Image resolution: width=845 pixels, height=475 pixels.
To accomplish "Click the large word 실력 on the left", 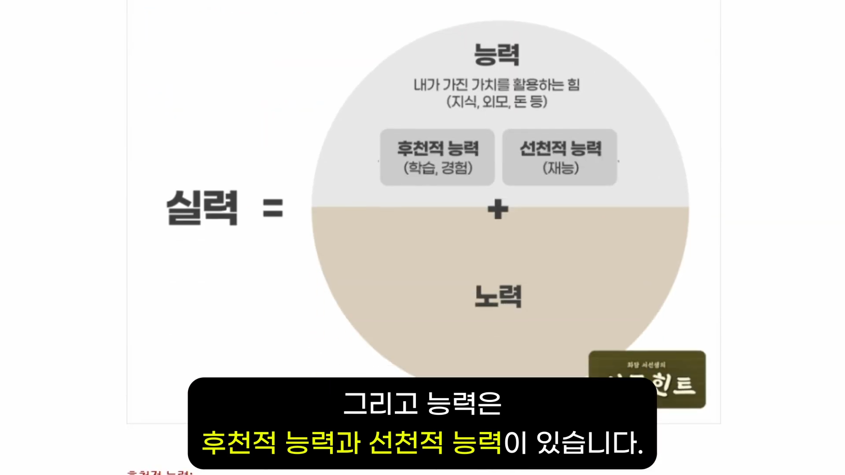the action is pyautogui.click(x=202, y=208).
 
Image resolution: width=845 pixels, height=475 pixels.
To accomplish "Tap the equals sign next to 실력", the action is pyautogui.click(x=273, y=208).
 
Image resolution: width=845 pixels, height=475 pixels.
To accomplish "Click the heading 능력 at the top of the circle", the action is pyautogui.click(x=497, y=55).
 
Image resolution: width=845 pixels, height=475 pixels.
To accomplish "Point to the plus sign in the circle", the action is pyautogui.click(x=498, y=209).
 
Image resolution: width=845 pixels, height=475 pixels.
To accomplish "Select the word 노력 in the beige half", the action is pyautogui.click(x=498, y=296).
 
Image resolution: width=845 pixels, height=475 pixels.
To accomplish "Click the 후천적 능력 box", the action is pyautogui.click(x=437, y=157).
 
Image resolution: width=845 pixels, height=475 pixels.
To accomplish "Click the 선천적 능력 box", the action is pyautogui.click(x=559, y=157).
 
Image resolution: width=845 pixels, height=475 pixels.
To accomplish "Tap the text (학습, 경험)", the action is pyautogui.click(x=438, y=168).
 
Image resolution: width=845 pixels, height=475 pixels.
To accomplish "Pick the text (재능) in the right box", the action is pyautogui.click(x=560, y=168).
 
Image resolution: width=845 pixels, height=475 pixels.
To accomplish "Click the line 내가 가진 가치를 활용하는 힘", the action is pyautogui.click(x=496, y=84).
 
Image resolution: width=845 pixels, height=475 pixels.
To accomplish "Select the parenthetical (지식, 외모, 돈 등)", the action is pyautogui.click(x=496, y=102).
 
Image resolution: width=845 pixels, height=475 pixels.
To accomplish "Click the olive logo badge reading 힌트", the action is pyautogui.click(x=673, y=384).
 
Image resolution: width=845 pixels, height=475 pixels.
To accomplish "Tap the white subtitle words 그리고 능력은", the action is pyautogui.click(x=422, y=404).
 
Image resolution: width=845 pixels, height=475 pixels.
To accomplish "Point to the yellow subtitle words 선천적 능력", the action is pyautogui.click(x=435, y=442).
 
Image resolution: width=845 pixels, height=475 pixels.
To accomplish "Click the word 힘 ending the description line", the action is pyautogui.click(x=573, y=84).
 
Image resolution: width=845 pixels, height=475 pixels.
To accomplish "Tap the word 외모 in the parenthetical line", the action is pyautogui.click(x=496, y=102).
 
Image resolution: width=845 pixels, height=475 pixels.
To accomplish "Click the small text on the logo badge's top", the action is pyautogui.click(x=646, y=365).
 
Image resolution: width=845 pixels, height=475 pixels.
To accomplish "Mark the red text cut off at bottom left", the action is pyautogui.click(x=160, y=472).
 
